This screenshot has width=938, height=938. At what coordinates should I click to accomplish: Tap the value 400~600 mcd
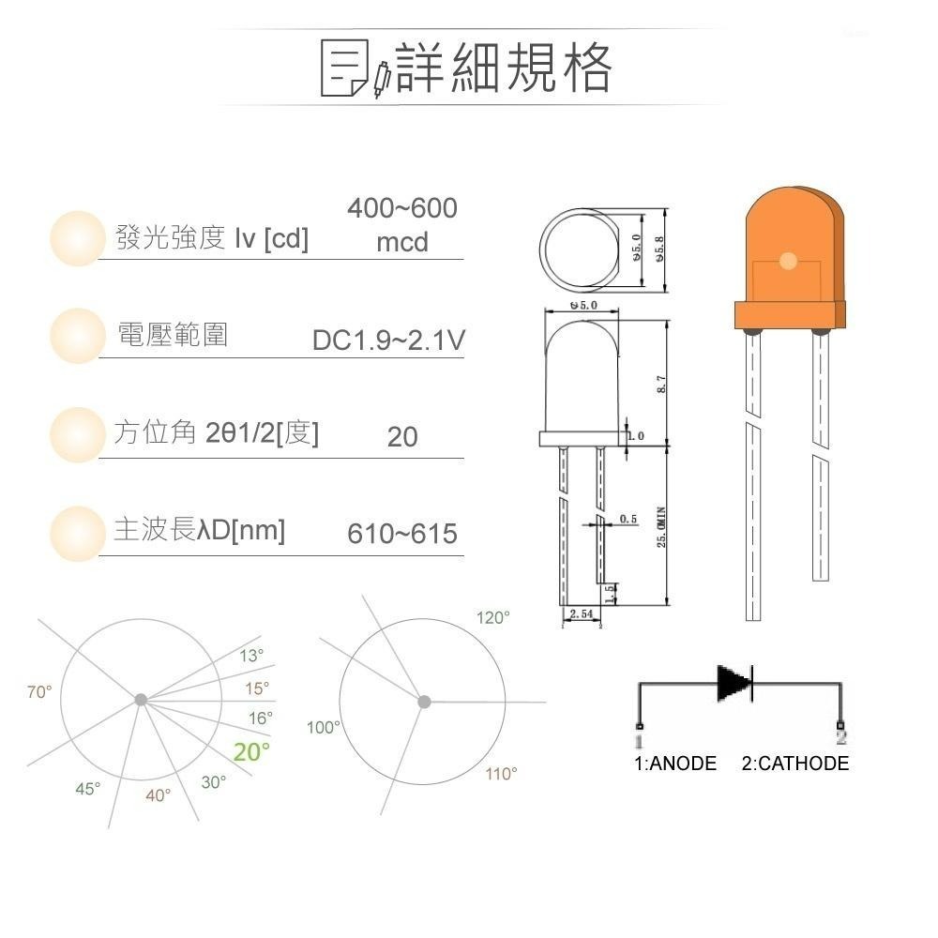pyautogui.click(x=401, y=225)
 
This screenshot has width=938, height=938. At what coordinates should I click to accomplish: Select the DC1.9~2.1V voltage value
pyautogui.click(x=388, y=341)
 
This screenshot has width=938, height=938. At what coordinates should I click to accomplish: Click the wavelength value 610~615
pyautogui.click(x=402, y=534)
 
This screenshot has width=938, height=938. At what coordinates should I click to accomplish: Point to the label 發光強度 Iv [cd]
pyautogui.click(x=211, y=238)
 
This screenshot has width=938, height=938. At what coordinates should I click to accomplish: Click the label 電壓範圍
pyautogui.click(x=172, y=335)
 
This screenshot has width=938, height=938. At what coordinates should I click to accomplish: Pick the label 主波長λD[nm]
pyautogui.click(x=199, y=531)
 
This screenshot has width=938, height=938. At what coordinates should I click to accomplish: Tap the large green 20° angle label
pyautogui.click(x=251, y=752)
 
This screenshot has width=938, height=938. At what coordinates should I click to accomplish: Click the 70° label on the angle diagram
pyautogui.click(x=39, y=692)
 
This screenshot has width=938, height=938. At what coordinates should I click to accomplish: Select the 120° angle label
pyautogui.click(x=493, y=618)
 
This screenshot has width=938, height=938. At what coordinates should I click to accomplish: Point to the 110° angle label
pyautogui.click(x=501, y=774)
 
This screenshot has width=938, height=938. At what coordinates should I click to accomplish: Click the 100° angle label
pyautogui.click(x=324, y=727)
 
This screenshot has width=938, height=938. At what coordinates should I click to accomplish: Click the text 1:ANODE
pyautogui.click(x=675, y=764)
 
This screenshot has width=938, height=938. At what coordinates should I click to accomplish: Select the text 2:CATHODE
pyautogui.click(x=794, y=764)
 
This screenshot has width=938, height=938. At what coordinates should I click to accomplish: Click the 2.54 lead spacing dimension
pyautogui.click(x=581, y=613)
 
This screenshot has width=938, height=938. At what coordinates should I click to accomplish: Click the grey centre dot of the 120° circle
pyautogui.click(x=424, y=701)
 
